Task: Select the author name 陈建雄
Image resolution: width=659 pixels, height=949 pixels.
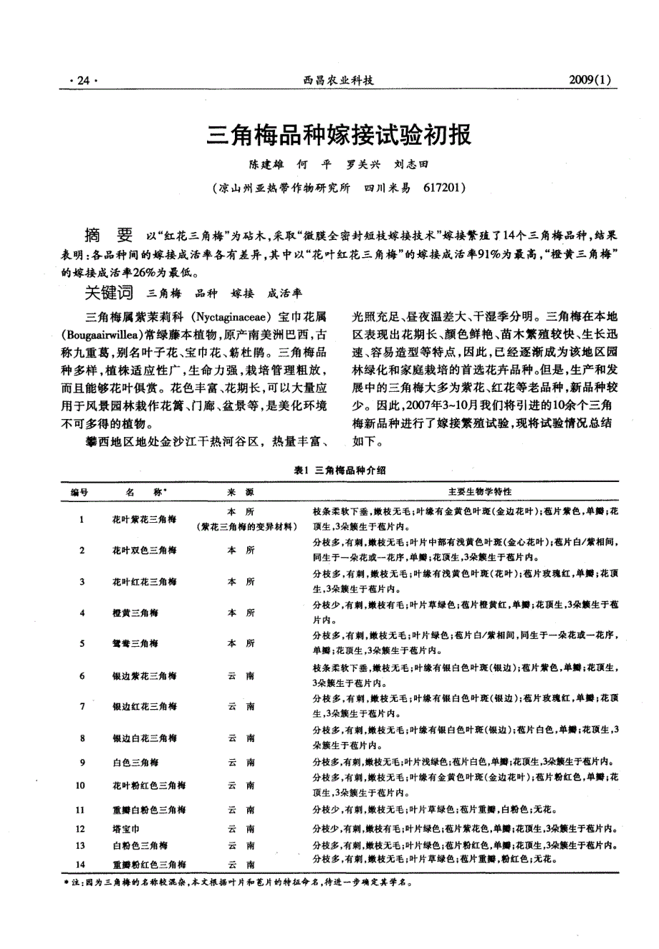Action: coord(266,165)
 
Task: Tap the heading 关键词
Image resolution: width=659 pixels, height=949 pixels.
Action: coord(109,292)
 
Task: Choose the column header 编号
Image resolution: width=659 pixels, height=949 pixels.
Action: coord(80,493)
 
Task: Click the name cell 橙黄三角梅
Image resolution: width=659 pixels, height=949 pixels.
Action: coord(135,613)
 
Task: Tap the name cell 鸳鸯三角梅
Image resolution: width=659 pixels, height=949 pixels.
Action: coord(135,644)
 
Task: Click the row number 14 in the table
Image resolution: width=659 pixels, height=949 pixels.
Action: coord(80,864)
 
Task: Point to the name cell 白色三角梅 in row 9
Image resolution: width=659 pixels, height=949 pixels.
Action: coord(135,763)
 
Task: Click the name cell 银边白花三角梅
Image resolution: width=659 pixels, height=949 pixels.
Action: coord(144,738)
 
